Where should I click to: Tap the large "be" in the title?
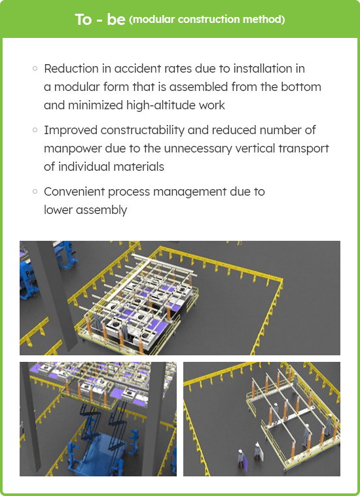[x=116, y=19]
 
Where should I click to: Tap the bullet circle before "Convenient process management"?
[x=35, y=191]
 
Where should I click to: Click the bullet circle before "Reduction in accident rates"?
[x=35, y=68]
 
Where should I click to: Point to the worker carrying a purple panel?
[x=242, y=459]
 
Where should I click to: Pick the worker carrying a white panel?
[x=257, y=452]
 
